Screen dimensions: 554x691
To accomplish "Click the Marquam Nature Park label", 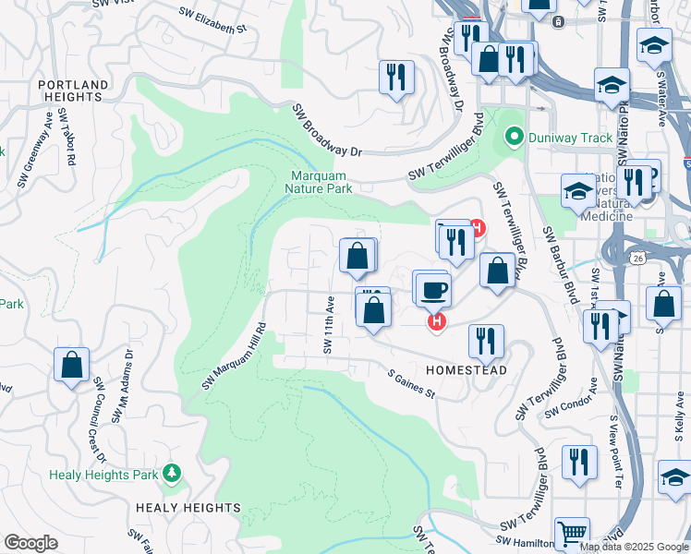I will pos(321,182).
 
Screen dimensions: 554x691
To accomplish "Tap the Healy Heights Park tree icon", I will pos(171,473).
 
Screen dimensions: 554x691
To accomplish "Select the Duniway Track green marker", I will pos(515,138).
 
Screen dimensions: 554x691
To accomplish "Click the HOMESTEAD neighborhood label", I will pos(467,369).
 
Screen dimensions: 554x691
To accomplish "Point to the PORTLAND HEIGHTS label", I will pos(71,90).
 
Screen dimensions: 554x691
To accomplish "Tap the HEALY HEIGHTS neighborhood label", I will pos(188,508).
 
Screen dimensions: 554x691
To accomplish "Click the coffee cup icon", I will pos(432,290).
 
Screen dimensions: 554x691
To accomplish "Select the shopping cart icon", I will pos(572,533).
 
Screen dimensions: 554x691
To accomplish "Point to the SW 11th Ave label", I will pos(328,324).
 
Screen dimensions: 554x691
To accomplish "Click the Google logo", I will pos(30,543).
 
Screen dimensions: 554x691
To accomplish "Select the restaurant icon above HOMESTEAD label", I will pos(485,340).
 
